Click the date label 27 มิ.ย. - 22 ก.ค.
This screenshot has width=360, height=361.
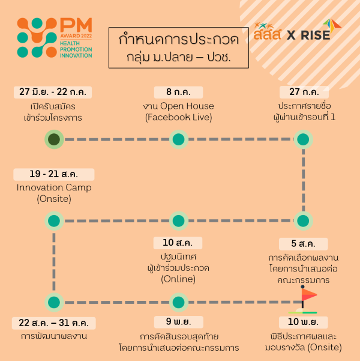click(x=53, y=92)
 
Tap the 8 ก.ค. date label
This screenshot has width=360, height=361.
click(x=179, y=92)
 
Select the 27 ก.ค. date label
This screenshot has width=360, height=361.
click(x=304, y=92)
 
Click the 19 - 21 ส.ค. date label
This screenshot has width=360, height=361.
click(x=54, y=174)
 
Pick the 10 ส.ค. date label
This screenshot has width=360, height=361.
click(x=178, y=243)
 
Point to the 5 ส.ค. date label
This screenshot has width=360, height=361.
click(x=304, y=244)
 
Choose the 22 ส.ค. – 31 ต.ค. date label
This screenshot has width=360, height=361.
click(x=54, y=323)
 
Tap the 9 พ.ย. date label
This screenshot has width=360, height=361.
click(x=179, y=322)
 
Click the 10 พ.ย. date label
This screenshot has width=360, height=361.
click(x=304, y=323)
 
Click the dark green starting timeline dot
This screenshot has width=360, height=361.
click(x=54, y=139)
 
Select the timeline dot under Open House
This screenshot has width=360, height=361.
click(x=179, y=139)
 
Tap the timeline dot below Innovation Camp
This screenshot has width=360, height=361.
click(x=54, y=221)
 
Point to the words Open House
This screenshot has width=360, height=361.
click(x=187, y=106)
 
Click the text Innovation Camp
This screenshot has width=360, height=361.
click(x=54, y=187)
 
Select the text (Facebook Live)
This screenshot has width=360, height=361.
click(x=179, y=117)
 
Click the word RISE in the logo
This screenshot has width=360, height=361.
click(x=316, y=35)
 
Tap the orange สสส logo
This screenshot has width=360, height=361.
click(x=267, y=32)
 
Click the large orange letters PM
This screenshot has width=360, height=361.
click(x=76, y=25)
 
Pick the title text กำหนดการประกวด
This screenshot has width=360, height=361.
click(x=179, y=40)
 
